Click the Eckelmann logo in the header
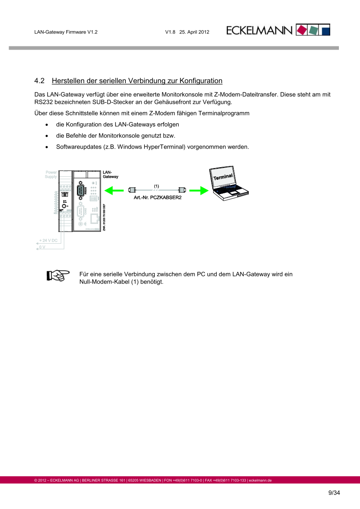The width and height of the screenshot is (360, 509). tap(278, 30)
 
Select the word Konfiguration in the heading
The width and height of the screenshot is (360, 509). tap(201, 81)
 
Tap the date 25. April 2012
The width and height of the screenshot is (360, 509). tap(194, 32)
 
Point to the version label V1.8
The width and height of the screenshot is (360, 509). tap(170, 32)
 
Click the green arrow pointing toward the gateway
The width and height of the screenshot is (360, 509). tap(114, 190)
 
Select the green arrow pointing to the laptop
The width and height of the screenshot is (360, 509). tap(197, 190)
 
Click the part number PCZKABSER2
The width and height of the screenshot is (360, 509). tap(166, 198)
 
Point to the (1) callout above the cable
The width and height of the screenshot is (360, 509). tap(156, 185)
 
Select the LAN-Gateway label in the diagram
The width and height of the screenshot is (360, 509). tap(110, 174)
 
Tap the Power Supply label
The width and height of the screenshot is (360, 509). tap(51, 174)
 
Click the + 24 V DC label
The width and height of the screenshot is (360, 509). tap(48, 240)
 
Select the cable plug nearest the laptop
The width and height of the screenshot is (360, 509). tap(181, 190)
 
